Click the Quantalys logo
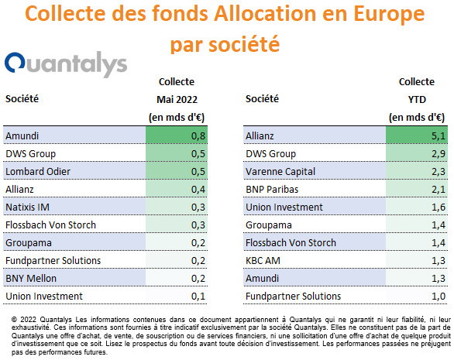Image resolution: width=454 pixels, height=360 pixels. pos(66,64)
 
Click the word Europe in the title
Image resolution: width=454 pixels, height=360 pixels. pos(389,15)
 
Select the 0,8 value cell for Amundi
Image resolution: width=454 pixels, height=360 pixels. pos(177,135)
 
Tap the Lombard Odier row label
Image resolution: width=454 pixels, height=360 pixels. pos(38,172)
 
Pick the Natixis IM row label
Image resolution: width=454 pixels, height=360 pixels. pos(28,207)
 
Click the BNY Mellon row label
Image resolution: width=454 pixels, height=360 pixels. pos(31,279)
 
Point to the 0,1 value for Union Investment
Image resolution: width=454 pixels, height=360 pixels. pos(198,297)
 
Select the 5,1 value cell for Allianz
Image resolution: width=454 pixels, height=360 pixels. pos(417,135)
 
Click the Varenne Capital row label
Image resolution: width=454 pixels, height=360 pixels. pos(280,172)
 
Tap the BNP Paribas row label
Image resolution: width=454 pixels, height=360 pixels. pos(272,189)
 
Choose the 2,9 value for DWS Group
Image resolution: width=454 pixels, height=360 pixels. pos(439,153)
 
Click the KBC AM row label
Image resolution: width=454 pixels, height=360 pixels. pos(263,260)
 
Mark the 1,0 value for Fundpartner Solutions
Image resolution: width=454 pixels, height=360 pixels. pos(439,297)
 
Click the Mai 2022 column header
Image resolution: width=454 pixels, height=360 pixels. pos(177,100)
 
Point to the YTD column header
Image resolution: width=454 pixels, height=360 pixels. pos(417,100)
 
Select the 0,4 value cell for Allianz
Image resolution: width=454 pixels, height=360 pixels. pos(177,189)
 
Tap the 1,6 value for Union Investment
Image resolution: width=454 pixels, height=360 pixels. pos(439,207)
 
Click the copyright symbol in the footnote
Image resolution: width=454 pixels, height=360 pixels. pos(14,320)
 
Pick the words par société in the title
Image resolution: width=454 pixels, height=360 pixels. pos(225,45)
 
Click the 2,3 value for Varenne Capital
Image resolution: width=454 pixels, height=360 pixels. pos(439,172)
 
